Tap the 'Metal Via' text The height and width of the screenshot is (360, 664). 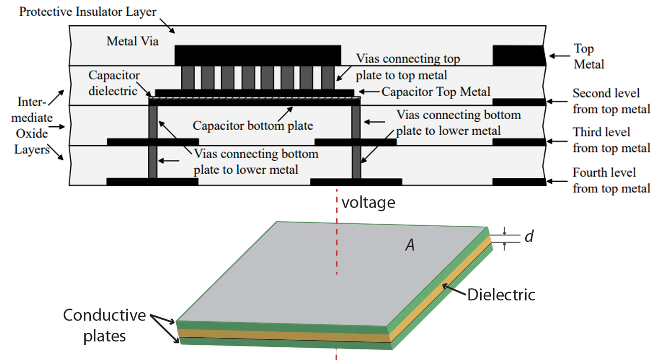(132, 41)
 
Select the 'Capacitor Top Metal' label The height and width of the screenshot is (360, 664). (436, 92)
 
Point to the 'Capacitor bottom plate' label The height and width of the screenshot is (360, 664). (253, 125)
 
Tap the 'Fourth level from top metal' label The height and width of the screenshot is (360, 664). (611, 180)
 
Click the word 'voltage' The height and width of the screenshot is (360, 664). (368, 203)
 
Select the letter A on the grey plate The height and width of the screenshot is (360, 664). (411, 245)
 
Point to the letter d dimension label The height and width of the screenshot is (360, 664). (529, 236)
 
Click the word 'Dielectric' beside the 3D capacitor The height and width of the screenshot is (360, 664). (500, 295)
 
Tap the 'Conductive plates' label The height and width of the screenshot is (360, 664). (104, 326)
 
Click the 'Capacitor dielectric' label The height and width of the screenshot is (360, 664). (114, 83)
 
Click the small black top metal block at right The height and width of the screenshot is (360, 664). (519, 56)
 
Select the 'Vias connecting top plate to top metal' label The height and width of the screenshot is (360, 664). (407, 67)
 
